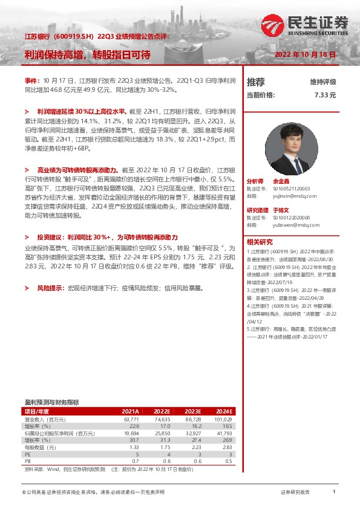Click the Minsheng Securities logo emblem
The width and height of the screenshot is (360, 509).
click(x=278, y=25)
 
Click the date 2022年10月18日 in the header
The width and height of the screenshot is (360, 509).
click(x=306, y=54)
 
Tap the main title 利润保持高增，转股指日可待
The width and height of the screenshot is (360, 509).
click(x=87, y=55)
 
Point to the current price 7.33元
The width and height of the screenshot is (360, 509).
click(x=325, y=95)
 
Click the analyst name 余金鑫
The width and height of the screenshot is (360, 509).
click(x=281, y=181)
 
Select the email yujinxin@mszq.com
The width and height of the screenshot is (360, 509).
click(x=292, y=195)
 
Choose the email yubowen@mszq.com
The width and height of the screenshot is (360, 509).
click(x=293, y=224)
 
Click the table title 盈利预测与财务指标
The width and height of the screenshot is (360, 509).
click(x=51, y=402)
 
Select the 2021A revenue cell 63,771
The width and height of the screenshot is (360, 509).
click(x=131, y=418)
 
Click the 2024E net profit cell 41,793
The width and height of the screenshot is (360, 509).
click(x=223, y=433)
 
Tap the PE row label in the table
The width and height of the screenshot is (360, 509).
click(x=28, y=454)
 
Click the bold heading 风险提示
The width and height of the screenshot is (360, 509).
click(x=51, y=289)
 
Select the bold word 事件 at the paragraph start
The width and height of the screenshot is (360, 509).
click(x=31, y=80)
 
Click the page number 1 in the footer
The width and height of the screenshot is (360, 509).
click(x=334, y=493)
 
